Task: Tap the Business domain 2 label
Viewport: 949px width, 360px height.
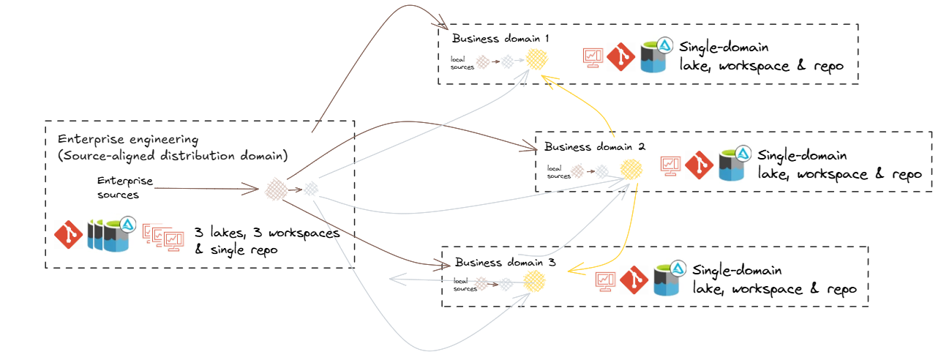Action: [x=594, y=146]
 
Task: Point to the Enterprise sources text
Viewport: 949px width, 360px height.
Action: [x=124, y=187]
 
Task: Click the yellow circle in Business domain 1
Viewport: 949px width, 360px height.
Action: [x=538, y=59]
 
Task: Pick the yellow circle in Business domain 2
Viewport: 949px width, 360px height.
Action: [x=631, y=170]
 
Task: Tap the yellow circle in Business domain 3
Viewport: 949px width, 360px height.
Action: [x=534, y=282]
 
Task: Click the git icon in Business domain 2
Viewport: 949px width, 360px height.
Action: [x=698, y=165]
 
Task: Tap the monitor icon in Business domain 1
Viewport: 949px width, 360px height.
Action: [x=592, y=58]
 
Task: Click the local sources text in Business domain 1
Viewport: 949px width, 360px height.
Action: [x=462, y=63]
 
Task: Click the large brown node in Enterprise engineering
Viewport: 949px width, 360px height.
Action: [x=275, y=190]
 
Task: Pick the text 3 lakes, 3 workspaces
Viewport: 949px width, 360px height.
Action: [x=266, y=233]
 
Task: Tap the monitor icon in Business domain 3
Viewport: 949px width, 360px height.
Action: [x=604, y=280]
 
